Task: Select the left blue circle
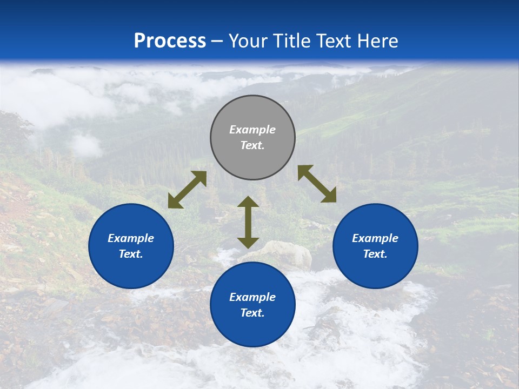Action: [131, 270]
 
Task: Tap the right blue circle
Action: [375, 270]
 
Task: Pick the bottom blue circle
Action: [252, 330]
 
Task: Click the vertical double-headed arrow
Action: [248, 222]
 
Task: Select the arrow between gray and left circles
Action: [187, 190]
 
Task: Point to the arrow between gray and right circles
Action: [317, 184]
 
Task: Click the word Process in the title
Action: [170, 41]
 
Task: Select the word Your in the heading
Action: [247, 41]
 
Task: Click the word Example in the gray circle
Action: [252, 130]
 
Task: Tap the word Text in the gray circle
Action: [252, 145]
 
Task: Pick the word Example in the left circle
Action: [131, 238]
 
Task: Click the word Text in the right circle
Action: [375, 254]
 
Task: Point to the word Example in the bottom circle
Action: [252, 297]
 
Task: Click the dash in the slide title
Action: [217, 41]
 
